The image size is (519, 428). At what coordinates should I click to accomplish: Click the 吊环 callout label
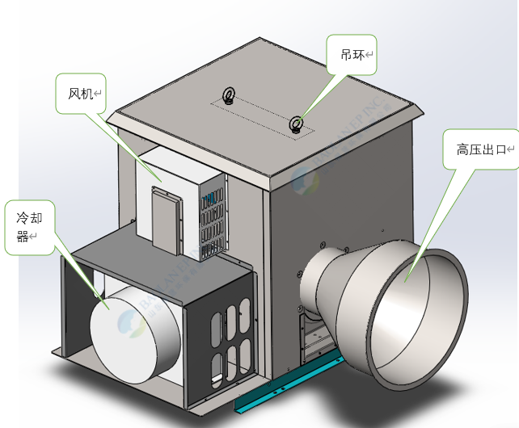pyautogui.click(x=352, y=55)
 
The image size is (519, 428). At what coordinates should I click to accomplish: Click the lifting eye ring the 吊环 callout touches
pyautogui.click(x=297, y=124)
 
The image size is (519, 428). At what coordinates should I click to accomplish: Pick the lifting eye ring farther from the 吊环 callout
pyautogui.click(x=230, y=97)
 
